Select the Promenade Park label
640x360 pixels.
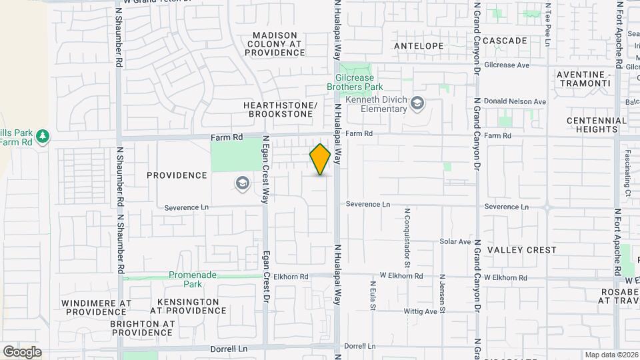[x=194, y=279]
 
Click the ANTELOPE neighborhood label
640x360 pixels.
[x=419, y=46]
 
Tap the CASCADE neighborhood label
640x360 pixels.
[x=505, y=41]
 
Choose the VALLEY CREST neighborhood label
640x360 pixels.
[x=522, y=250]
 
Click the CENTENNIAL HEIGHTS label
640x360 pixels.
[x=597, y=125]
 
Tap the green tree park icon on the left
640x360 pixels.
[x=43, y=136]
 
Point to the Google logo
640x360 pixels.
[x=22, y=351]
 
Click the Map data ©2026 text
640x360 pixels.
[x=611, y=355]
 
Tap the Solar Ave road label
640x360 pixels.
[x=455, y=241]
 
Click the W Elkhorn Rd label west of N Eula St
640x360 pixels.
[x=401, y=276]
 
